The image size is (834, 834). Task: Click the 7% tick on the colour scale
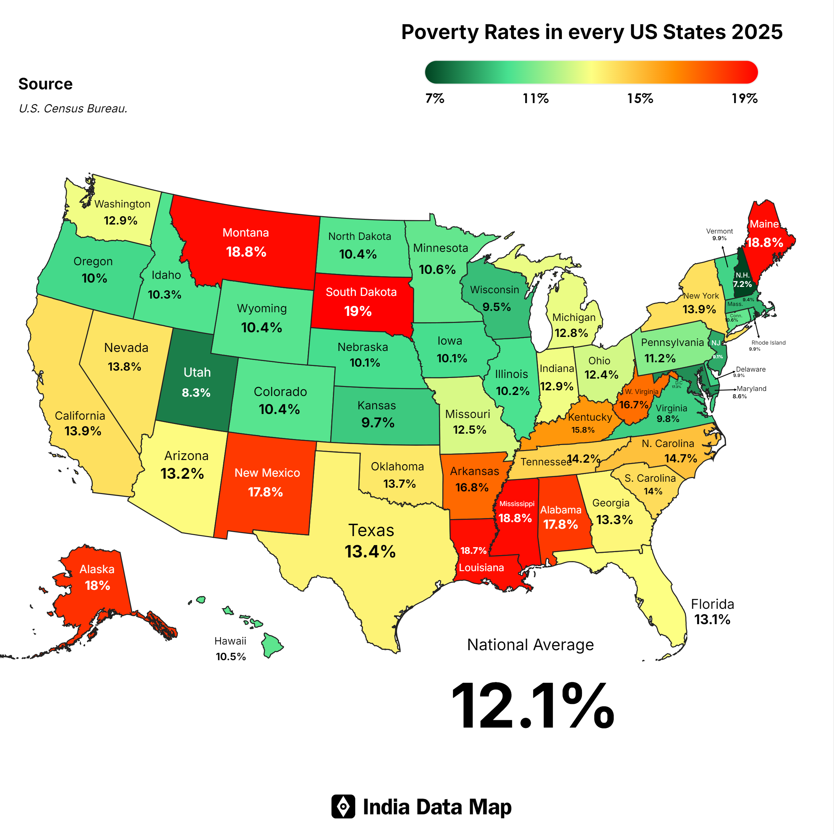435,98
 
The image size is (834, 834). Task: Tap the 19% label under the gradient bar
744,98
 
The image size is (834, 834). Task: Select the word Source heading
45,84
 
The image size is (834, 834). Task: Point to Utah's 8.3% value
196,392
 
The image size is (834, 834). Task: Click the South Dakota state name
361,292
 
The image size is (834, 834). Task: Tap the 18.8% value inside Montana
246,252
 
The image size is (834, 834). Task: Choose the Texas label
371,530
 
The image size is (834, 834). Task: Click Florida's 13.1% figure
712,619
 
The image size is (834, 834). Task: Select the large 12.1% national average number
532,706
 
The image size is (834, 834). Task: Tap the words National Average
530,645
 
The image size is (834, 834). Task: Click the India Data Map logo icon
343,806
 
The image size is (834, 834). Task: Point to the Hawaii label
230,641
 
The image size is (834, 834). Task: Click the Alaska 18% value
97,585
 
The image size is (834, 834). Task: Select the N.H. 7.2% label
742,280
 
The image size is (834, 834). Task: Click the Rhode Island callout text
768,343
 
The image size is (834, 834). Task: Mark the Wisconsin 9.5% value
496,307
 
